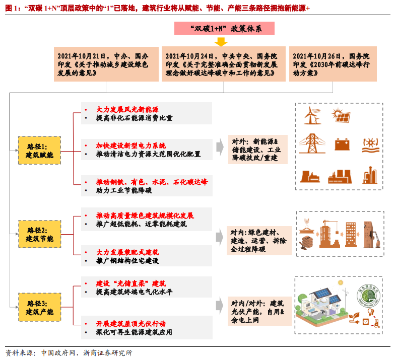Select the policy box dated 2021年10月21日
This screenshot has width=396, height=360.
pyautogui.click(x=106, y=64)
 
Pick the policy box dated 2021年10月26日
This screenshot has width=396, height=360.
pyautogui.click(x=333, y=64)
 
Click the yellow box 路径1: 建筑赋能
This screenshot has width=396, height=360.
pyautogui.click(x=39, y=150)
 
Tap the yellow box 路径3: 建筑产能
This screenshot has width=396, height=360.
pyautogui.click(x=39, y=308)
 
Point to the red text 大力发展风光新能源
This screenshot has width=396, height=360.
pyautogui.click(x=127, y=109)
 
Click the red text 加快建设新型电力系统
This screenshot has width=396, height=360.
pyautogui.click(x=130, y=146)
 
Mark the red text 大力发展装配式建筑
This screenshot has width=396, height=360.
pyautogui.click(x=127, y=252)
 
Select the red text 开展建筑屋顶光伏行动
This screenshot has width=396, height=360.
pyautogui.click(x=130, y=324)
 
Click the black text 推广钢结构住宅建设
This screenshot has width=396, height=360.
pyautogui.click(x=127, y=261)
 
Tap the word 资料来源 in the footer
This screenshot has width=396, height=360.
pyautogui.click(x=18, y=353)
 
